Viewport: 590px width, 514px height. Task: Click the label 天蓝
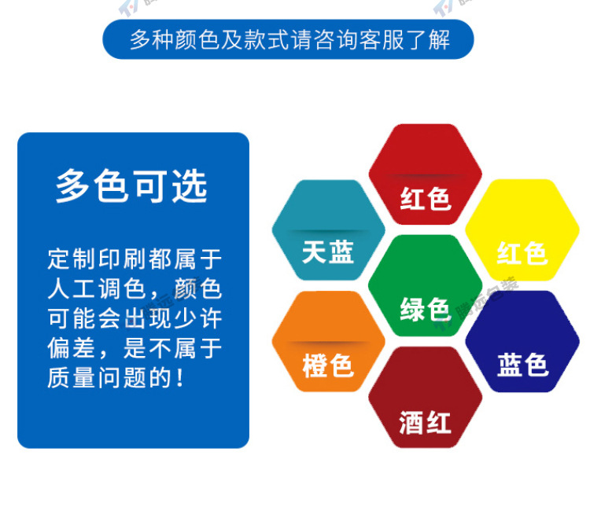point(328,253)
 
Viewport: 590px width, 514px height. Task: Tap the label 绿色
point(425,309)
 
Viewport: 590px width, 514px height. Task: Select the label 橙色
point(328,366)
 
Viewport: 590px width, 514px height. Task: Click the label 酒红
point(425,424)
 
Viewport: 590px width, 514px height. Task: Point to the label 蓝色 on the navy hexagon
point(522,365)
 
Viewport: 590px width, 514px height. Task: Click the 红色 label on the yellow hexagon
point(522,253)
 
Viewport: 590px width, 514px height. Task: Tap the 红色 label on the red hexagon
point(425,199)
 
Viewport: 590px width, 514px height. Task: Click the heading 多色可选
point(131,186)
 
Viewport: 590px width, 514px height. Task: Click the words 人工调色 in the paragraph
point(91,288)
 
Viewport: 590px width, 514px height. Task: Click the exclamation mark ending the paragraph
point(180,379)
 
